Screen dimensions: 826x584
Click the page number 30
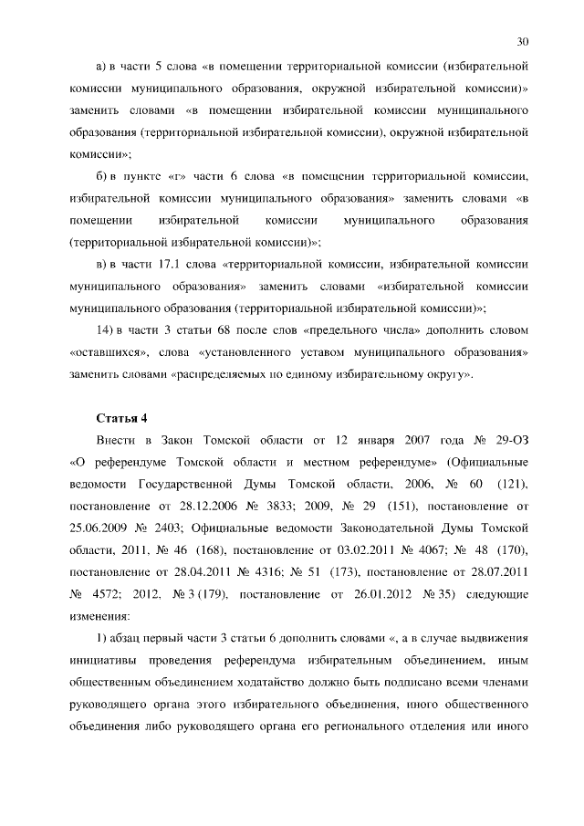point(522,41)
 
